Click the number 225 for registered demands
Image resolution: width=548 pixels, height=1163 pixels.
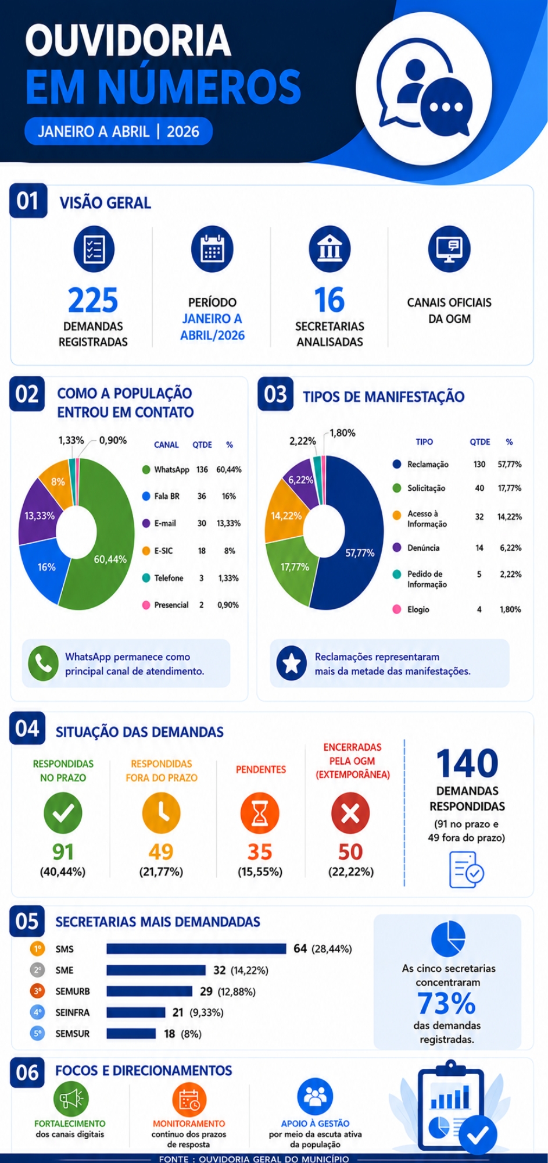93,300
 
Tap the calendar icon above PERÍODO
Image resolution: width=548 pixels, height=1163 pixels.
212,249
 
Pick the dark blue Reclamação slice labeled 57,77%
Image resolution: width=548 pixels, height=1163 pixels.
354,541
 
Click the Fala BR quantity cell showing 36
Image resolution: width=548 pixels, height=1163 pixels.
202,496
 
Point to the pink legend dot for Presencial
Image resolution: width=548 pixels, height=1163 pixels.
146,605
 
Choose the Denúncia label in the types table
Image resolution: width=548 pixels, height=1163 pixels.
423,548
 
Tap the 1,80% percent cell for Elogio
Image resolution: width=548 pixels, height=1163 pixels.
510,609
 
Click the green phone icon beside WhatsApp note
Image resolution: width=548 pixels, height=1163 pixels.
43,663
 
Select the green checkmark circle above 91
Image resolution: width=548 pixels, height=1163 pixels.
63,813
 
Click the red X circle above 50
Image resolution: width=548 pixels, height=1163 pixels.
350,813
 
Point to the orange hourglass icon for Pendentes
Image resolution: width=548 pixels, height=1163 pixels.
260,813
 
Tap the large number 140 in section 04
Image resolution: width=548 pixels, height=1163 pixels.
467,763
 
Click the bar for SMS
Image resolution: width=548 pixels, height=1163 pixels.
196,948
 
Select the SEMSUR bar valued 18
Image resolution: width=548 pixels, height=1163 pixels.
131,1033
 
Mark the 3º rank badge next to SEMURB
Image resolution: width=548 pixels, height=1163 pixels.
37,991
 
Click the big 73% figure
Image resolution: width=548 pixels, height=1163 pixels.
446,1003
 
